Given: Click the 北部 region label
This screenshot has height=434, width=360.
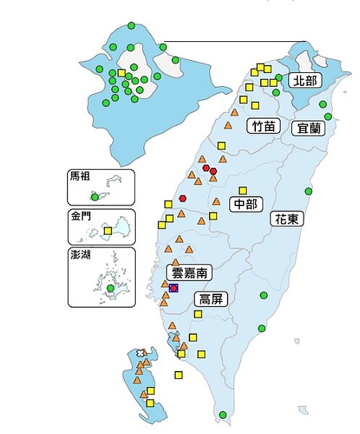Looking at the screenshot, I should [x=303, y=80].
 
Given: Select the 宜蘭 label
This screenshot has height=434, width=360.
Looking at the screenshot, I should [x=309, y=129].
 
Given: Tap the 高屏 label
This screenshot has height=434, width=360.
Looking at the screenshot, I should [x=213, y=299].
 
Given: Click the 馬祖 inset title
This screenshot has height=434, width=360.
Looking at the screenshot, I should [x=80, y=177].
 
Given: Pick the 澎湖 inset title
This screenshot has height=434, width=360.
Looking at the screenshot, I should [x=80, y=255].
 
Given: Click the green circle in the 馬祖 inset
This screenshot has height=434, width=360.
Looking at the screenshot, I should [x=94, y=197].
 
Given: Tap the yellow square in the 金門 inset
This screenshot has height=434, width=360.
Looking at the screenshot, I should [x=108, y=231].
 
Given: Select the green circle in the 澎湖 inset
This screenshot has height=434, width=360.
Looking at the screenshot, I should [x=110, y=288].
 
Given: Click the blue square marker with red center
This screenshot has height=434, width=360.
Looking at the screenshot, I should [x=173, y=288].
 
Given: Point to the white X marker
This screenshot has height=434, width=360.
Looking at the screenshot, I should [x=140, y=353].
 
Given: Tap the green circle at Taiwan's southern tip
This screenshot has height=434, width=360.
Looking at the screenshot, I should [x=223, y=414].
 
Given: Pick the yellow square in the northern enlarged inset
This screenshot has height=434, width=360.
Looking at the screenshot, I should [x=121, y=74].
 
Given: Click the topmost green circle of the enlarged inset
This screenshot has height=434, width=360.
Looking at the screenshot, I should [x=131, y=26].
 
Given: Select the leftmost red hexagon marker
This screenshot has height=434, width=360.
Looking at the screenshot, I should [x=184, y=197].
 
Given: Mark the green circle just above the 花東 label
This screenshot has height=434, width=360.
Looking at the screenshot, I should [x=308, y=192].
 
